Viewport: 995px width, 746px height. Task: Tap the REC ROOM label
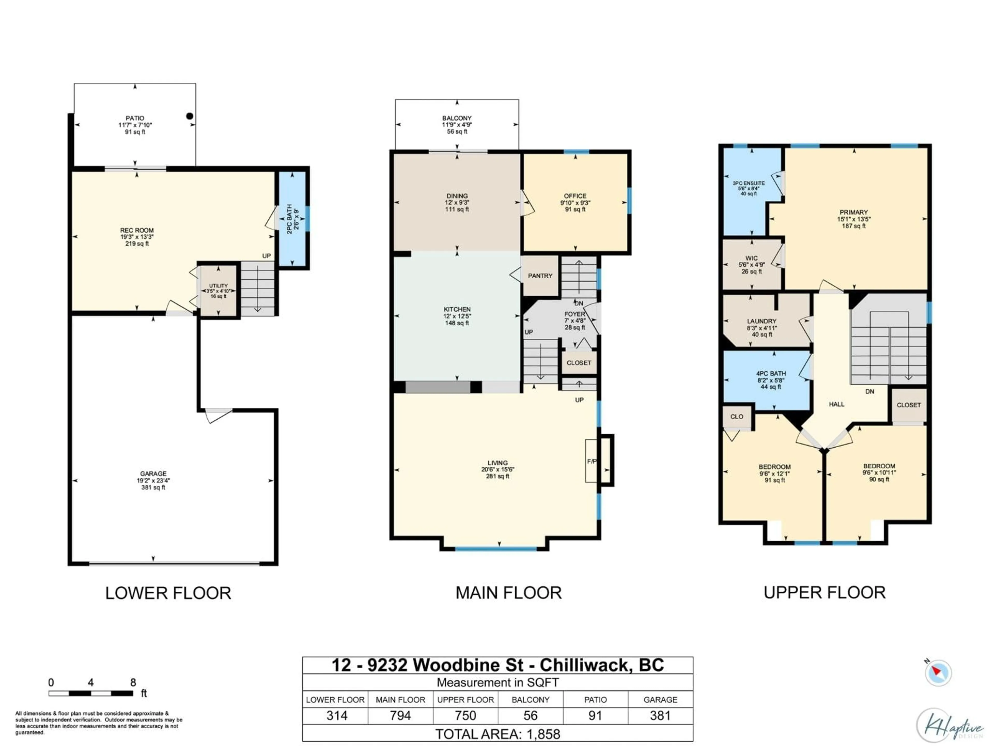click(x=137, y=230)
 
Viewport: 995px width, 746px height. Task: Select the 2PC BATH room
click(x=292, y=219)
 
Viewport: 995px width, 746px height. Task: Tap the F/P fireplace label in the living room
click(x=592, y=461)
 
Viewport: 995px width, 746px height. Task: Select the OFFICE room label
click(x=575, y=196)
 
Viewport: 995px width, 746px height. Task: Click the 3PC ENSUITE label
click(x=749, y=183)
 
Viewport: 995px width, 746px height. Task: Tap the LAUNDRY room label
click(x=762, y=321)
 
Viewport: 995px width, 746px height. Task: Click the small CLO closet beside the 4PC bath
click(x=736, y=417)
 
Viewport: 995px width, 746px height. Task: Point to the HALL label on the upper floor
click(x=836, y=404)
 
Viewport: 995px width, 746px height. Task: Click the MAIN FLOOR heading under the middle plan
click(x=508, y=593)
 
